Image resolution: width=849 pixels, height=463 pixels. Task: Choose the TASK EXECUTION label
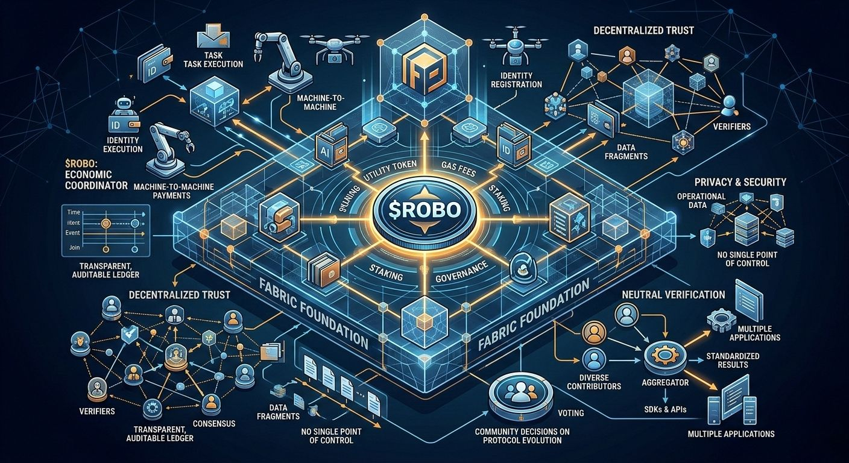point(215,63)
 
